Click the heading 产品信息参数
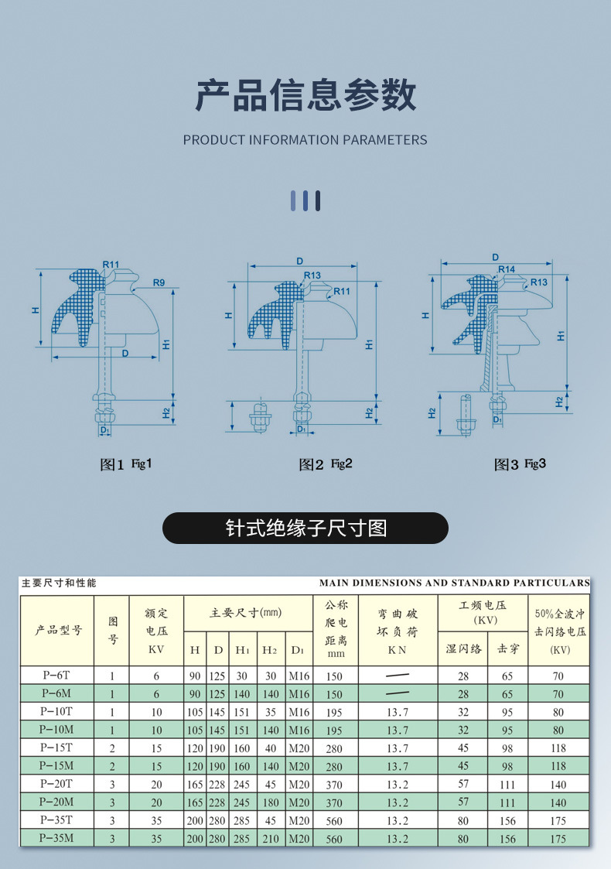pos(305,96)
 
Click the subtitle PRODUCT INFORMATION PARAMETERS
pos(305,140)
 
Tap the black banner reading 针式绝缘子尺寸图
pos(305,528)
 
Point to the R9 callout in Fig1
pos(159,283)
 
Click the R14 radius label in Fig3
pos(507,269)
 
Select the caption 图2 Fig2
pos(326,464)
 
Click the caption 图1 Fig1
pos(126,464)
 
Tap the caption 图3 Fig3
pos(520,464)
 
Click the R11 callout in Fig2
pos(342,292)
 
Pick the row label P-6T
pos(57,676)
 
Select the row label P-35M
pos(57,838)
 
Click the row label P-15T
pos(57,748)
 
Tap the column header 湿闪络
pos(463,648)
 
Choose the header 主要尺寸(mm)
pos(246,613)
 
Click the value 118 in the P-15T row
pos(558,748)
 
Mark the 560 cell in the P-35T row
pos(334,820)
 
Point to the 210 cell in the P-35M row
pos(271,838)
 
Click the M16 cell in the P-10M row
pos(299,730)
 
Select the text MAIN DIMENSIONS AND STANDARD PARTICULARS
pos(454,583)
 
